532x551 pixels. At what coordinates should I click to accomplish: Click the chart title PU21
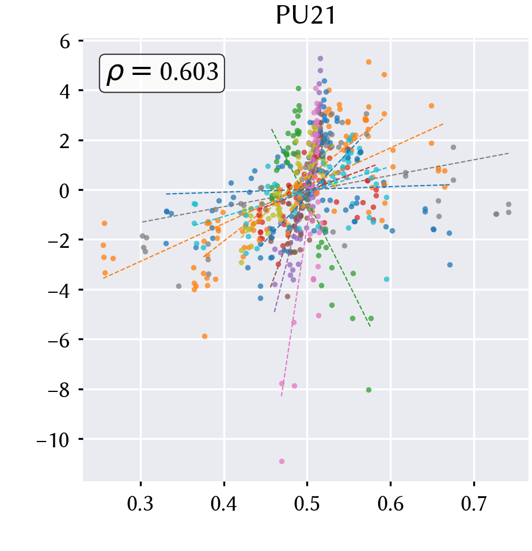point(306,16)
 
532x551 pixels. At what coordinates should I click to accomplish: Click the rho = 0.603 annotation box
point(162,73)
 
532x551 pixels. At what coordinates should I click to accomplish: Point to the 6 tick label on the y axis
point(65,42)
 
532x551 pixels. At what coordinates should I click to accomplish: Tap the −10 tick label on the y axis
point(54,440)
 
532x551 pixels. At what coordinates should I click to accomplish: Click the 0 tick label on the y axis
point(64,191)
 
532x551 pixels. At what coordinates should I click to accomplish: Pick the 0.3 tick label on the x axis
point(140,504)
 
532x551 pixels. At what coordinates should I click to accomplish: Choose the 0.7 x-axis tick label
point(474,504)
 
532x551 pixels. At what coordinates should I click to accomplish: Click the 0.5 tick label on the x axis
point(307,504)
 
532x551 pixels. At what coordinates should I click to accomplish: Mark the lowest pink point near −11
point(282,462)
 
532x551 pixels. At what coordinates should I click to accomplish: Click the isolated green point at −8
point(369,390)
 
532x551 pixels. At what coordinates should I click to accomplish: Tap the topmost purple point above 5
point(320,59)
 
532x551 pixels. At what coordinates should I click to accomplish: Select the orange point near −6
point(204,336)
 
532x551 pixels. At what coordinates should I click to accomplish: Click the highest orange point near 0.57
point(369,62)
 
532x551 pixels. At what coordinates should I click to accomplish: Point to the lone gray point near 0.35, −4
point(178,286)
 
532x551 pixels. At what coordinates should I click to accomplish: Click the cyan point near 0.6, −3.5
point(386,279)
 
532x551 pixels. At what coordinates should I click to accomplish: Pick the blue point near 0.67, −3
point(450,265)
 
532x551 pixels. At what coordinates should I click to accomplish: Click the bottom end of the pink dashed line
point(282,397)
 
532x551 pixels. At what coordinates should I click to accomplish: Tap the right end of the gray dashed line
point(508,153)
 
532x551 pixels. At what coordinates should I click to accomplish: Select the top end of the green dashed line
point(272,129)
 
